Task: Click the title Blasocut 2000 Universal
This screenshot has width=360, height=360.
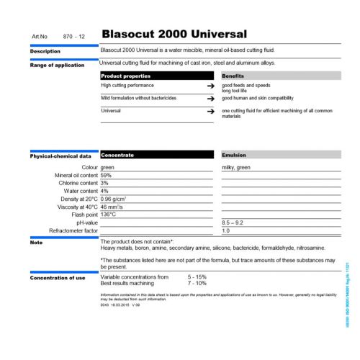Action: [x=174, y=34]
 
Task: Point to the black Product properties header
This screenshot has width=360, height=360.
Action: [x=126, y=76]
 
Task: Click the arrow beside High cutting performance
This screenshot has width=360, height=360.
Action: [x=210, y=86]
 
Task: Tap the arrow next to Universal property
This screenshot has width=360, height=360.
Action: [x=210, y=112]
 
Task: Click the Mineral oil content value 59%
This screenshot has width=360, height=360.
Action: [x=106, y=175]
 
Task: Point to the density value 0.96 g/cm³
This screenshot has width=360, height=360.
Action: [x=114, y=199]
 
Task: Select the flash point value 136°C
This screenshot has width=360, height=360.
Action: [x=109, y=215]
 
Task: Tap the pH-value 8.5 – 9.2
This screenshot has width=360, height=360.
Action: [x=235, y=222]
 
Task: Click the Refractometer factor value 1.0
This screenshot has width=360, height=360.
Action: [x=225, y=230]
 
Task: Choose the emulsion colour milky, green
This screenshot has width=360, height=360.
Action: [x=236, y=167]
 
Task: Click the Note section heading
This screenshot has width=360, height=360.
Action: [x=36, y=242]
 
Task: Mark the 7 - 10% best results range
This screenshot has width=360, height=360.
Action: [x=197, y=283]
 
